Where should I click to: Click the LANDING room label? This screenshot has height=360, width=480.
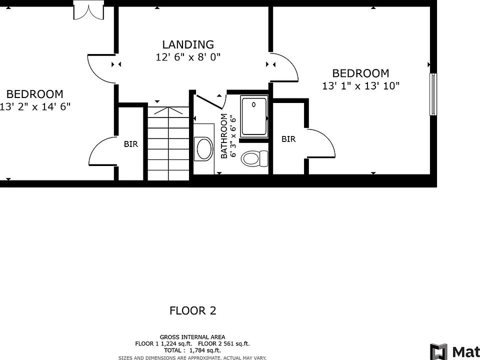pos(188,44)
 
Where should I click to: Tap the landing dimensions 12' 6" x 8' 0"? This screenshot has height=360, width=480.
pos(188,57)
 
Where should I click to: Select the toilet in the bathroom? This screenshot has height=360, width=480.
pos(254,158)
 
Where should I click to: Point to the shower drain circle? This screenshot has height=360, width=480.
pos(253,104)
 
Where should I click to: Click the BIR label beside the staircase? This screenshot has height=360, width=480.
pos(131,144)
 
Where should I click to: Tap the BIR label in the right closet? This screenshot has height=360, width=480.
pos(288,139)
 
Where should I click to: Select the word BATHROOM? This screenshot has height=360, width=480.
pos(224,136)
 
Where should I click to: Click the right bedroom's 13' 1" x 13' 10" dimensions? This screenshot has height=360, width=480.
pos(361,86)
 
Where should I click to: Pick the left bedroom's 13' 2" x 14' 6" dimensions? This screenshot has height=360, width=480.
pos(34,106)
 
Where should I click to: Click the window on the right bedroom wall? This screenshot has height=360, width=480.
pos(433,94)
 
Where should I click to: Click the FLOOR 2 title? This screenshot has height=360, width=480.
pos(193,310)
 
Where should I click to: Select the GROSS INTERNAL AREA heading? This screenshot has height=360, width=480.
pos(192,337)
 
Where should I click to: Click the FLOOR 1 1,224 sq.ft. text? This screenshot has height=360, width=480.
pos(164,344)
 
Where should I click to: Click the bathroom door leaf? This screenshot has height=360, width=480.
pos(210,102)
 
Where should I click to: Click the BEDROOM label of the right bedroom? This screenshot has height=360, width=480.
pos(360,73)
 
